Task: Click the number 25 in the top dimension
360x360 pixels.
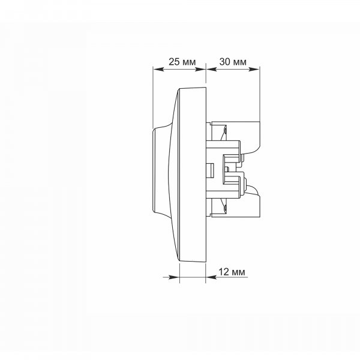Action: (174, 62)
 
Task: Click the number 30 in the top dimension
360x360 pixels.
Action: (225, 62)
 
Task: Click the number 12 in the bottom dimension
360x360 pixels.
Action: (224, 272)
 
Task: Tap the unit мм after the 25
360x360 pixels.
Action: (190, 62)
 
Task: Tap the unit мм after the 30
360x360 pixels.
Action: (240, 62)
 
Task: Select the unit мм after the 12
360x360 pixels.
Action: (239, 272)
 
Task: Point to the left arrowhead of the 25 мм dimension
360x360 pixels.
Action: (158, 69)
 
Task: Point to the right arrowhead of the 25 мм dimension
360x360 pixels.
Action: (200, 69)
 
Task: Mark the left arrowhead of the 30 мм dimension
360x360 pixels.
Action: (212, 69)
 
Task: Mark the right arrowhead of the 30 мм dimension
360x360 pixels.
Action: (254, 69)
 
